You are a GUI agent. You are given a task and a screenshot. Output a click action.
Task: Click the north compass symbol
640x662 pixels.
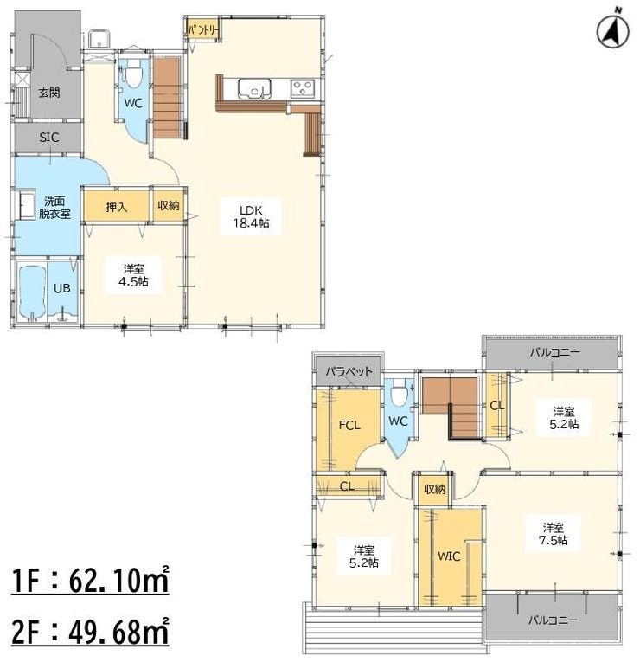(612, 30)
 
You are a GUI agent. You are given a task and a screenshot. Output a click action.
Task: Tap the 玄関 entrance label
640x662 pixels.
(49, 93)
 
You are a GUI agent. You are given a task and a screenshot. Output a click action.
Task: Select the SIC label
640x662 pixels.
(49, 138)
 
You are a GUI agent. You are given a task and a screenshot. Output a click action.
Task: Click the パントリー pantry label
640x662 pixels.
(203, 30)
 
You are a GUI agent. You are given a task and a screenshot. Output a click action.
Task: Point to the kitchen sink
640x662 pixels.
(254, 88)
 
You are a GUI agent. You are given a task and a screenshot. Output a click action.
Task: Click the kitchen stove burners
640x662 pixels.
(303, 88)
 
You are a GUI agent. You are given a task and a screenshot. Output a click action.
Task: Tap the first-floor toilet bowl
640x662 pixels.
(134, 73)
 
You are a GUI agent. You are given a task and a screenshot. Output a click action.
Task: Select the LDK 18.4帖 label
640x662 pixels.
(251, 216)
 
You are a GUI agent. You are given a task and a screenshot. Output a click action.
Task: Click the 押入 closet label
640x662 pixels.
(116, 207)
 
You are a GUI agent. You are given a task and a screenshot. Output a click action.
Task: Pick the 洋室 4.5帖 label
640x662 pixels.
(133, 275)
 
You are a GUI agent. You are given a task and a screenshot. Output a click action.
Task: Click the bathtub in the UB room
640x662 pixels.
(32, 292)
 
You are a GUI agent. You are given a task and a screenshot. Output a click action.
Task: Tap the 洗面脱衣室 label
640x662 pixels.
(54, 208)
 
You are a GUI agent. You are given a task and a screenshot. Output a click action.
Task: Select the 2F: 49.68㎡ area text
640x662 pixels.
(90, 631)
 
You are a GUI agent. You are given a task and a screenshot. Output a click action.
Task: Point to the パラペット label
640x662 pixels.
(349, 371)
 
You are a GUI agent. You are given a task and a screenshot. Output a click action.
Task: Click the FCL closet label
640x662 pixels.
(349, 425)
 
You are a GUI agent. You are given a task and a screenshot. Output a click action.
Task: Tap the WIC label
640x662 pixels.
(449, 556)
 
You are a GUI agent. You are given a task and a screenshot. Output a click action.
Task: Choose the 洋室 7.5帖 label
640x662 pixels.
(554, 534)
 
